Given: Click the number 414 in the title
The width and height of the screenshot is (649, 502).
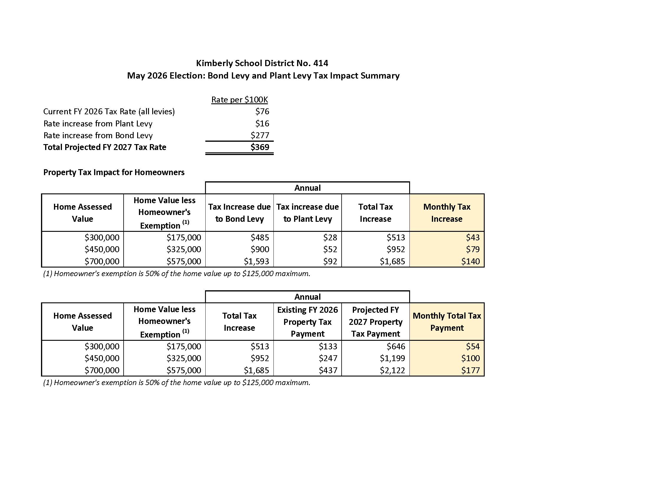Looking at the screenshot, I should click(x=320, y=63).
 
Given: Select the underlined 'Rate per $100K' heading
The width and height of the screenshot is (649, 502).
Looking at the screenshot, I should click(x=240, y=100).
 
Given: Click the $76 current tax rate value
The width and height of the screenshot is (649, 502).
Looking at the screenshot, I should click(x=262, y=112).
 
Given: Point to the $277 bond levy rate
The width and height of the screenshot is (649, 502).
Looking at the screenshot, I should click(x=260, y=135).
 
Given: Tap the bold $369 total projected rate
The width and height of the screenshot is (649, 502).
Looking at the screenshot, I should click(x=260, y=147).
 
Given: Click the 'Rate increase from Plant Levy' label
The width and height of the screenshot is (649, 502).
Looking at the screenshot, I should click(x=98, y=123).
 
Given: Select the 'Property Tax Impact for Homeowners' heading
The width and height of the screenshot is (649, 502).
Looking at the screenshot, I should click(x=114, y=172).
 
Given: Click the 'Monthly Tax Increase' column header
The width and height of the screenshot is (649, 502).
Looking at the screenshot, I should click(x=447, y=213).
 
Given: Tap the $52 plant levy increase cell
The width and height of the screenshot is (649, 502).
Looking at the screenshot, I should click(x=330, y=249).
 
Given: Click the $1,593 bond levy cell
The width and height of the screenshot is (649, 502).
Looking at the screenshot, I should click(x=256, y=261).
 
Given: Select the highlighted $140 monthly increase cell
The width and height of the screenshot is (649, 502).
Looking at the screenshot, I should click(x=471, y=261).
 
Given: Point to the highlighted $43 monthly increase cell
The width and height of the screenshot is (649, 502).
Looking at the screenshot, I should click(x=473, y=237).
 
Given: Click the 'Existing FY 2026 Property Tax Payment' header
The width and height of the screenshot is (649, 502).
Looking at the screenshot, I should click(x=308, y=322).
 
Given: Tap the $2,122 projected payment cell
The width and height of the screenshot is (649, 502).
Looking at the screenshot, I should click(x=392, y=370).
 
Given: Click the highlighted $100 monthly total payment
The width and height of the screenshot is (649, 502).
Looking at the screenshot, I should click(x=471, y=358).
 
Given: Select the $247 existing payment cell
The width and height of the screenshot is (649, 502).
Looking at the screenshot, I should click(x=328, y=358).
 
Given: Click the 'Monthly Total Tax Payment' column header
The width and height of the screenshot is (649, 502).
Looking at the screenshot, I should click(x=447, y=322).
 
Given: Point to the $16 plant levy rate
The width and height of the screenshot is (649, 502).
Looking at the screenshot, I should click(x=262, y=123).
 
